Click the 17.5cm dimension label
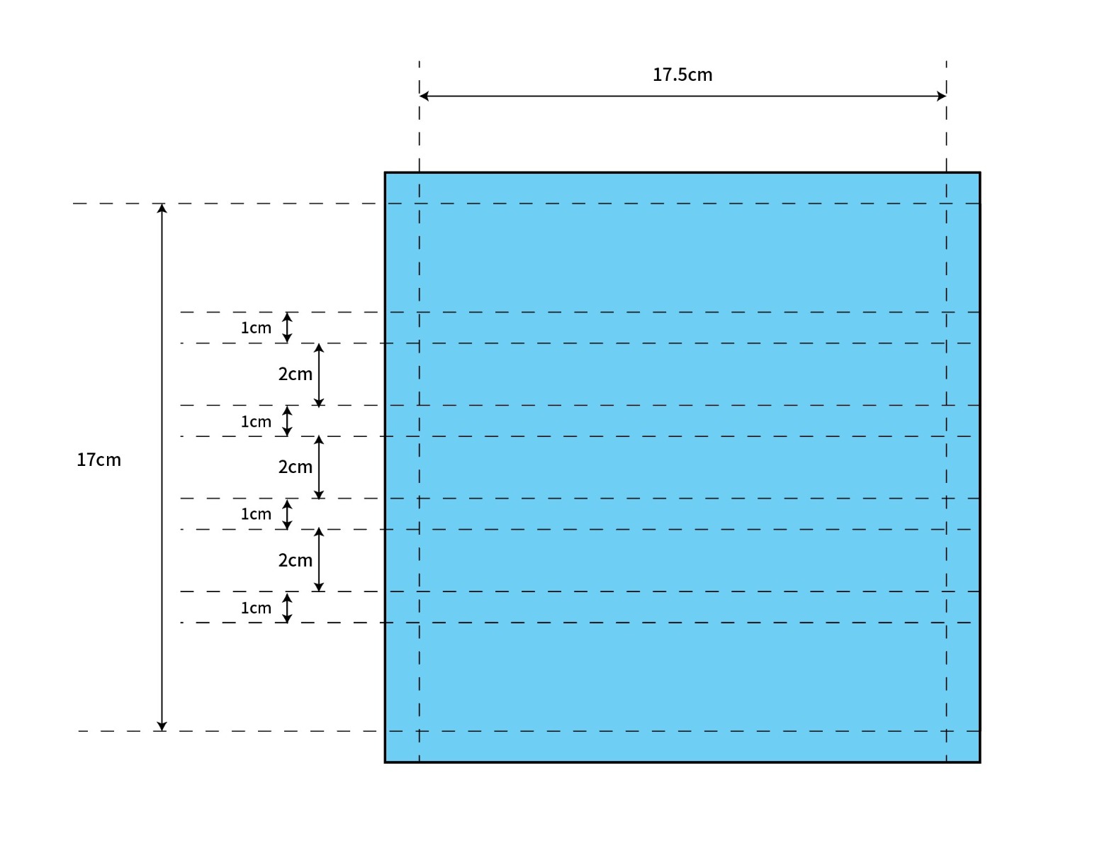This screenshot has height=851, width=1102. tap(682, 74)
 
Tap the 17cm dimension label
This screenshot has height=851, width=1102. tap(99, 460)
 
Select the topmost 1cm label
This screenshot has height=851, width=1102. tap(256, 328)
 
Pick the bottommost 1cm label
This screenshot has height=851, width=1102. tap(256, 608)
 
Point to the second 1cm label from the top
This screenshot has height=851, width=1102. tap(256, 422)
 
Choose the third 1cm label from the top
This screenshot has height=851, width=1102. tap(256, 514)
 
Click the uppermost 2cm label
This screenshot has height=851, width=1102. tap(295, 374)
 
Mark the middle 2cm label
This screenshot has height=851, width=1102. tap(295, 467)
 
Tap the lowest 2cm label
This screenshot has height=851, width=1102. tap(295, 560)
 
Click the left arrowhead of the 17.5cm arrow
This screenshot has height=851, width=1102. tap(424, 96)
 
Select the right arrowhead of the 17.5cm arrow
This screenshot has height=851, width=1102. tap(941, 96)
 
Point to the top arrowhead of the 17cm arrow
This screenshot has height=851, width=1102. tap(162, 208)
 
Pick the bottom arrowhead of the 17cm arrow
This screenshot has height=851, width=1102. tap(162, 726)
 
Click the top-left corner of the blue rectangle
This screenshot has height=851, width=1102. tap(386, 173)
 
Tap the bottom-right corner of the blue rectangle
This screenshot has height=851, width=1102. tap(980, 762)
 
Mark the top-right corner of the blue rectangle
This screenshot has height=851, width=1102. tap(980, 173)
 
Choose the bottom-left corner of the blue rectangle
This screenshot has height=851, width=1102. tap(386, 762)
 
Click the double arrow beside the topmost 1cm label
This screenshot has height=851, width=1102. tap(287, 328)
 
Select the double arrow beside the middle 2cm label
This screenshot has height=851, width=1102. tap(319, 467)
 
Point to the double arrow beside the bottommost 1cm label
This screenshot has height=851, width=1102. tap(287, 608)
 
